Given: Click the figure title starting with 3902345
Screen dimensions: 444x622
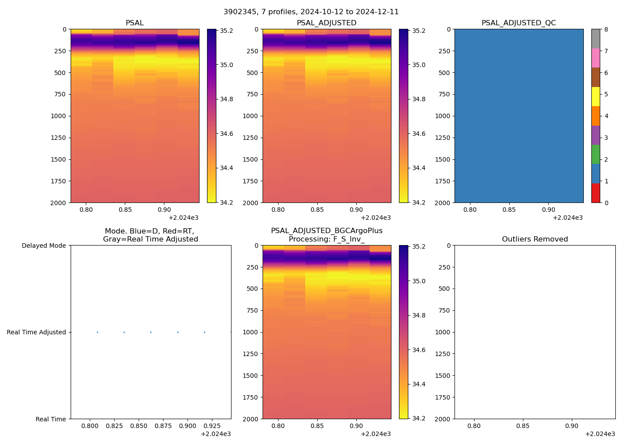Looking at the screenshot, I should coord(311,12).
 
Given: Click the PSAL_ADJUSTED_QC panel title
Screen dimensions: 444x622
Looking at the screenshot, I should coord(518,23).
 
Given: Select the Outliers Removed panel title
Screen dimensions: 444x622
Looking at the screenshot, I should coord(534,239).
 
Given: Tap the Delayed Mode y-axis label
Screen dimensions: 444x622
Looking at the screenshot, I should coord(44,246).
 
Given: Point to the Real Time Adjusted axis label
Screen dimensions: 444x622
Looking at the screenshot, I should coord(36,332).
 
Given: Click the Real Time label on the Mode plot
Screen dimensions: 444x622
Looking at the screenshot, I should coord(51,419).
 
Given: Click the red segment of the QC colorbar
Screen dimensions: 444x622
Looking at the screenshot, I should coord(595,193).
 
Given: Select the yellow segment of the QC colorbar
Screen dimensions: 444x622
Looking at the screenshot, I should coord(595,96).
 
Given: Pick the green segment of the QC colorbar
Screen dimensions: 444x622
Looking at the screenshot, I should coord(595,155).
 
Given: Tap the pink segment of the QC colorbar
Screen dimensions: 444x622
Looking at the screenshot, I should coord(595,58).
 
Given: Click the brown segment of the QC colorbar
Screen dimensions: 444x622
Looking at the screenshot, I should coord(595,77).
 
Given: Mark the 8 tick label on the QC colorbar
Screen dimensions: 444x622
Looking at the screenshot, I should coord(606,30).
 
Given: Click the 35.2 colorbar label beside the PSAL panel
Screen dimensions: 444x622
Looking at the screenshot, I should coord(227,31).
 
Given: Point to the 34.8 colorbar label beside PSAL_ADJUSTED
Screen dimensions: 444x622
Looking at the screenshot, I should coord(419,99).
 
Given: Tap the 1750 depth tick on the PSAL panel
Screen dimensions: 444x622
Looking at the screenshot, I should coord(58,181).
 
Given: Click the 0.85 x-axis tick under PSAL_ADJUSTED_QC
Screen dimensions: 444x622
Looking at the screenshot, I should coord(509,210).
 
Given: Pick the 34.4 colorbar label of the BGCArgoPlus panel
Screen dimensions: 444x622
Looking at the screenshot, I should coord(419,384).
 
